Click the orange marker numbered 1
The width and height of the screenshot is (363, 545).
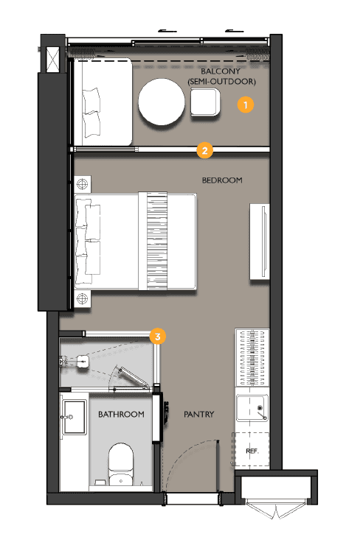click(246, 105)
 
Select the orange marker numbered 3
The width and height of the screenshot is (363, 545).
click(157, 336)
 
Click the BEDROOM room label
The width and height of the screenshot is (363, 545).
click(221, 180)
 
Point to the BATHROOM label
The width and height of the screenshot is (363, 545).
click(121, 415)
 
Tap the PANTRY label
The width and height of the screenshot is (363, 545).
click(198, 415)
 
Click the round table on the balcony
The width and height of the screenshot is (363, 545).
click(162, 102)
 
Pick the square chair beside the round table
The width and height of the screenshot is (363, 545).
click(204, 102)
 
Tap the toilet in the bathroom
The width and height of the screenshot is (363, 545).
click(120, 462)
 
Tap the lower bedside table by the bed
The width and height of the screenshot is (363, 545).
click(81, 299)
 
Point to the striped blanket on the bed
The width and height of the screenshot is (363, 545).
click(158, 242)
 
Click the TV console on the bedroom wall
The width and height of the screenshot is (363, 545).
click(260, 242)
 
